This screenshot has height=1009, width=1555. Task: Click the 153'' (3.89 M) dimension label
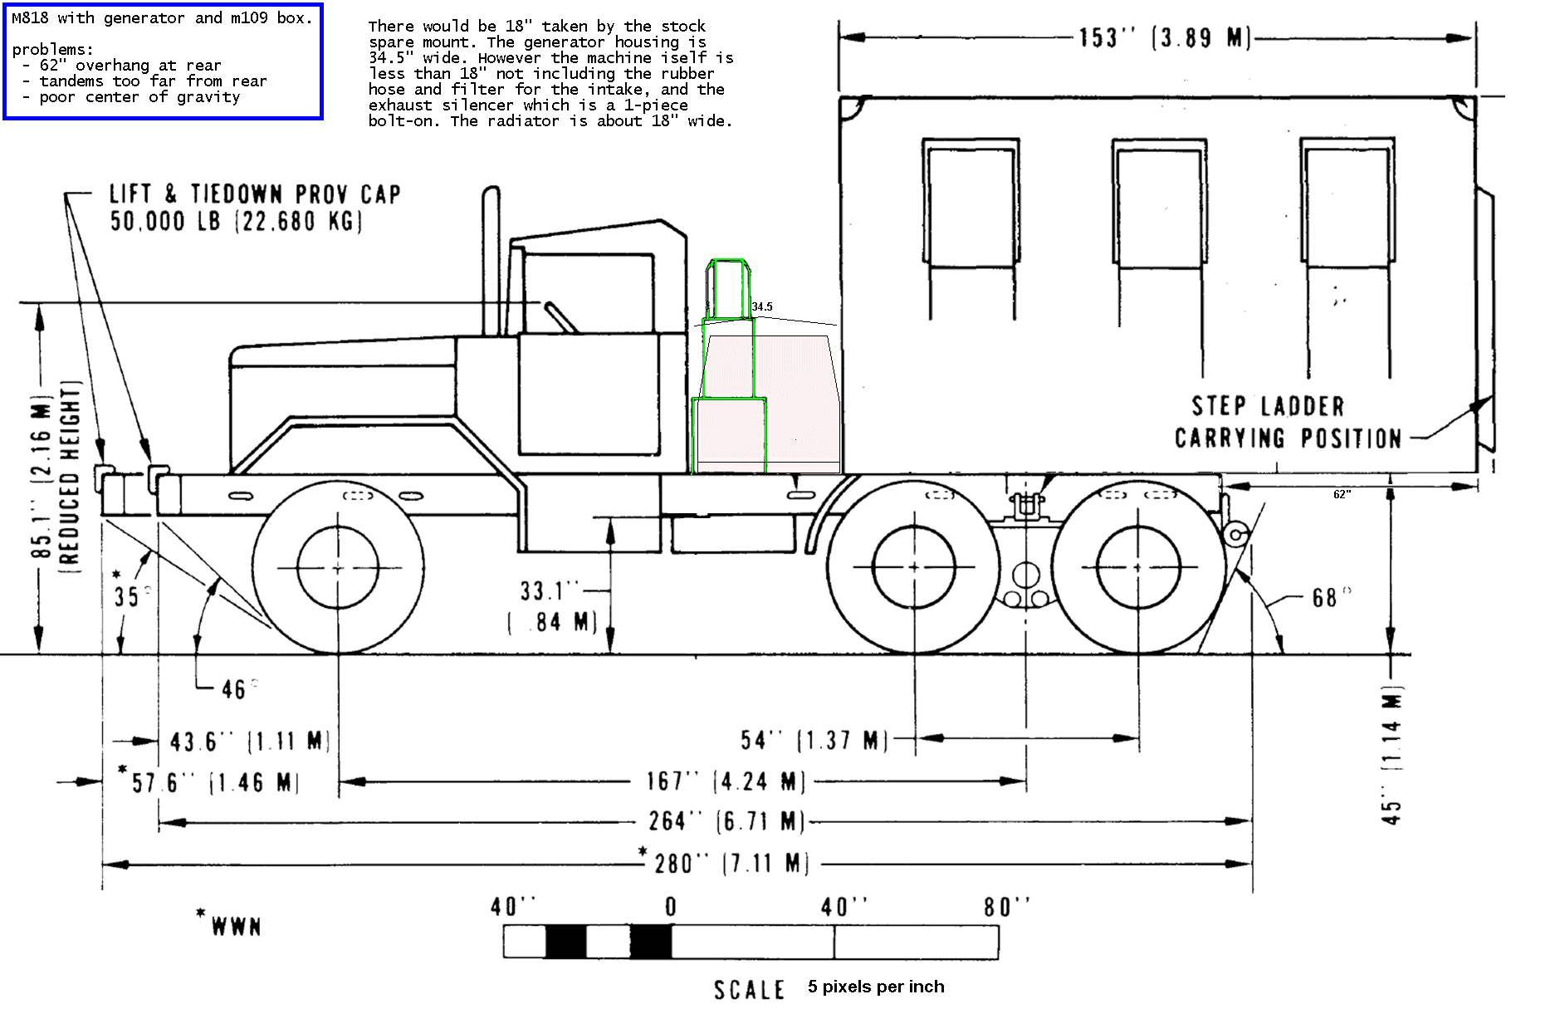click(1164, 37)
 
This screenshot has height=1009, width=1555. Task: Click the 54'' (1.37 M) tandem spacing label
click(814, 739)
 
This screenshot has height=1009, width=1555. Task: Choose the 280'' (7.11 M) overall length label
click(731, 863)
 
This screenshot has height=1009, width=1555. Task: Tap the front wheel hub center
click(337, 568)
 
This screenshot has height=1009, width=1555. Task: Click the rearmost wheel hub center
click(1137, 567)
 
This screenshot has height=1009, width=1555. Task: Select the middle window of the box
click(1159, 203)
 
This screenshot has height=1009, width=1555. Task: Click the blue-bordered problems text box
click(163, 61)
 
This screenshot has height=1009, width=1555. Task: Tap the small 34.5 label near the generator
click(761, 306)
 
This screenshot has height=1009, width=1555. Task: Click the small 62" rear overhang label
click(1342, 494)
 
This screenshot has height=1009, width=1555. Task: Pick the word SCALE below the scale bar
click(749, 989)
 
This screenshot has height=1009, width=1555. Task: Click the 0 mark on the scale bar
click(671, 907)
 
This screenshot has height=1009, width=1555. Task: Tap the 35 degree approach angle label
click(126, 596)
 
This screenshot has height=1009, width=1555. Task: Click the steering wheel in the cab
click(560, 316)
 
